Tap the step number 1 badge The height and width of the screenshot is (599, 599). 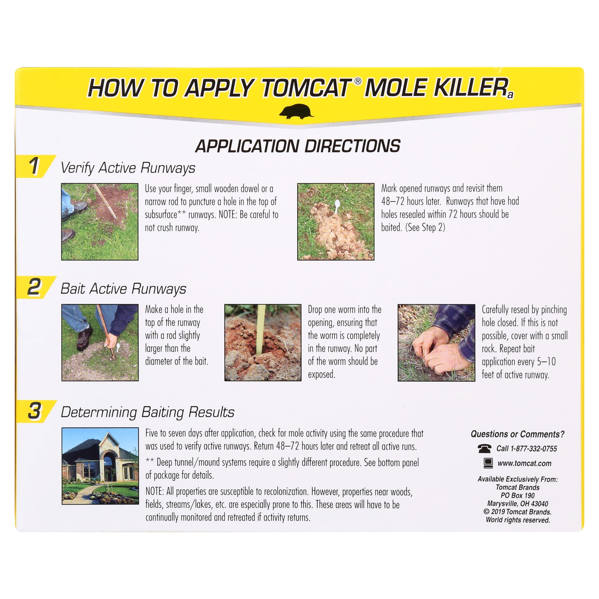(x=35, y=166)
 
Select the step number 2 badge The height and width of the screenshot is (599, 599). (x=35, y=287)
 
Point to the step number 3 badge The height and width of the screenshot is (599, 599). (x=35, y=411)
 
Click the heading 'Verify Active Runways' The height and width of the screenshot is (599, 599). (x=128, y=168)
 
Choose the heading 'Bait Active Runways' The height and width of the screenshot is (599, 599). (x=123, y=289)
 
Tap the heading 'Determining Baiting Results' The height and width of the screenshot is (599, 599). (x=147, y=412)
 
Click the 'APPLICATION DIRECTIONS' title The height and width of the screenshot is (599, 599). (x=298, y=146)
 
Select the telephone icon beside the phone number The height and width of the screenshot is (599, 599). (x=484, y=448)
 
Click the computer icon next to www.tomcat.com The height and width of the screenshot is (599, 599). (x=488, y=463)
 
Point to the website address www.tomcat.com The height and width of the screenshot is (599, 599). (x=524, y=463)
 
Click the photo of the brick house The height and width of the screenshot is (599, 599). (x=100, y=466)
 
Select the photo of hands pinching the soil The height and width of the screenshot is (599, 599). (x=436, y=343)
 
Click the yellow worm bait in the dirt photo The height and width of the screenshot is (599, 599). (x=261, y=329)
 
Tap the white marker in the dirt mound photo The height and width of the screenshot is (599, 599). (x=337, y=206)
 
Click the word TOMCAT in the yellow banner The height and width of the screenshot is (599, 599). (x=306, y=88)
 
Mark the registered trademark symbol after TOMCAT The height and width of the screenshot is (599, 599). (x=357, y=81)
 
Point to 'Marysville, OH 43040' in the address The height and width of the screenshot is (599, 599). (x=518, y=503)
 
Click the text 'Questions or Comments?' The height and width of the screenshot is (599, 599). (x=518, y=434)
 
